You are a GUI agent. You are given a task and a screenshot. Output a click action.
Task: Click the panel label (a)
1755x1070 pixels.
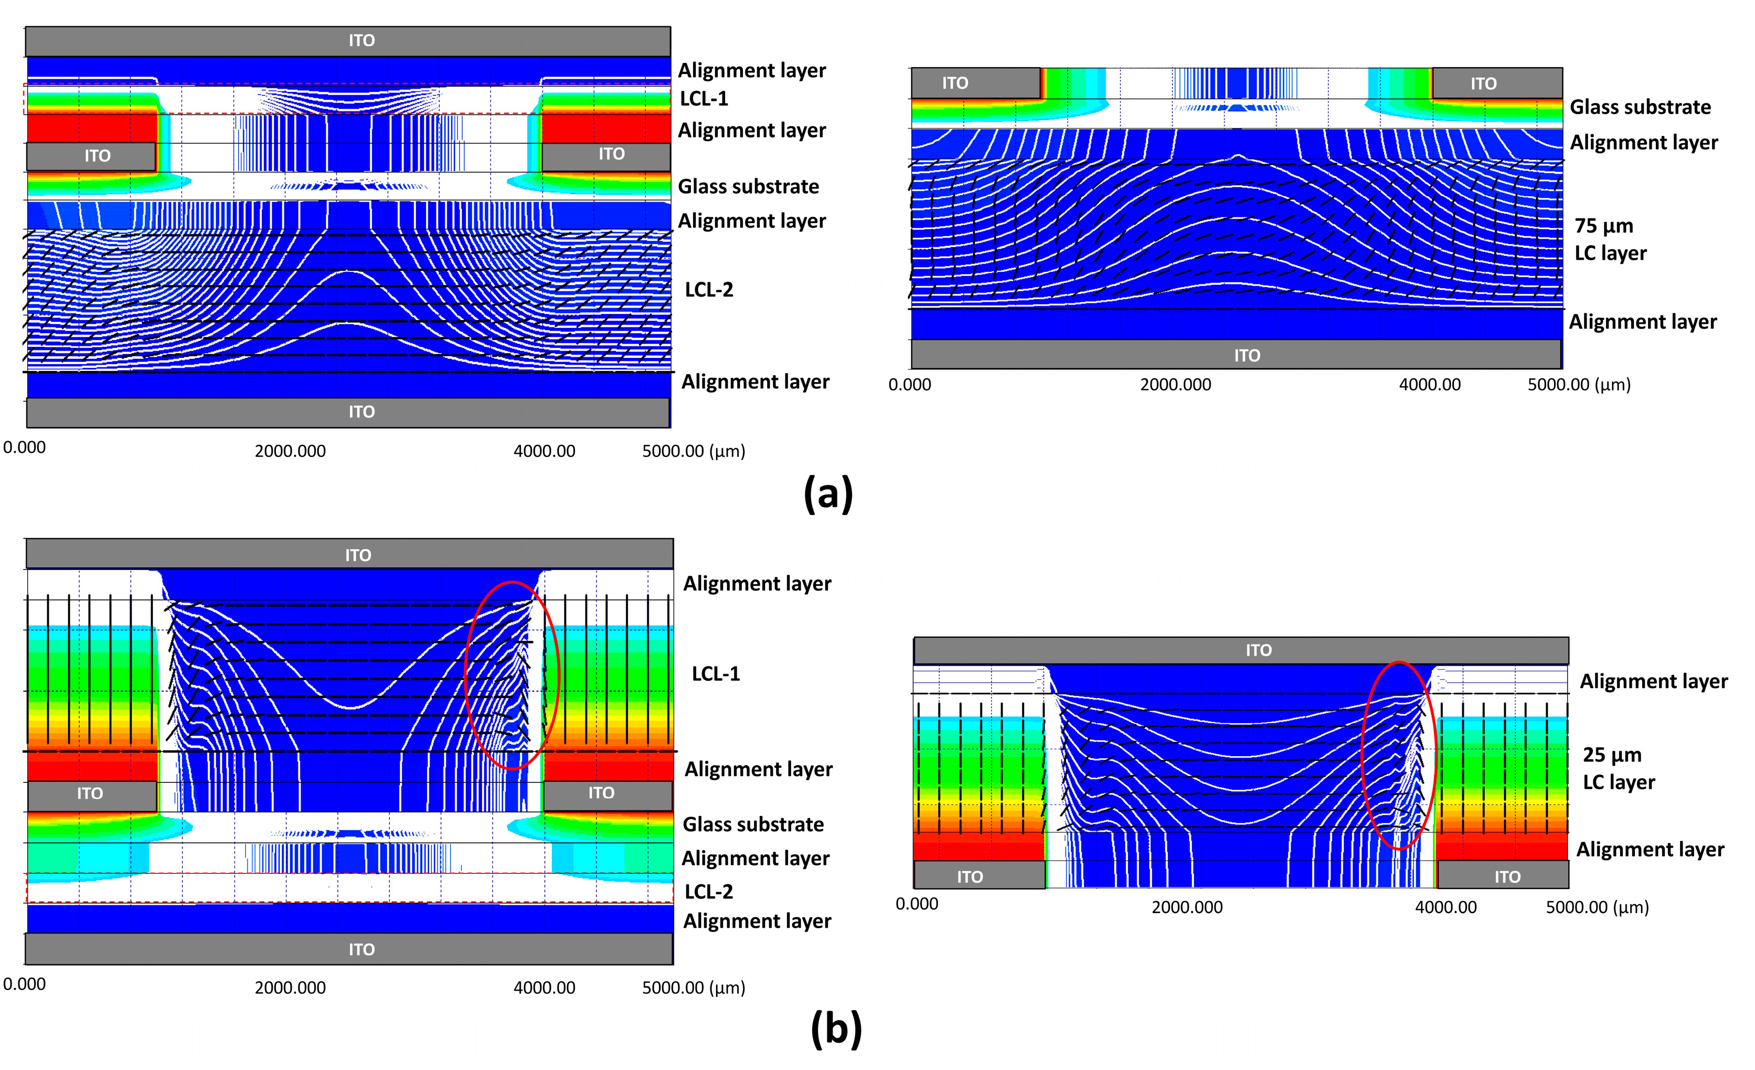click(x=827, y=494)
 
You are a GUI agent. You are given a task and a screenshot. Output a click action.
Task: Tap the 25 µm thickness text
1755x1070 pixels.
click(x=1612, y=755)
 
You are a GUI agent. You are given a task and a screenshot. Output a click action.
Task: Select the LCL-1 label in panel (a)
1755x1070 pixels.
click(x=704, y=99)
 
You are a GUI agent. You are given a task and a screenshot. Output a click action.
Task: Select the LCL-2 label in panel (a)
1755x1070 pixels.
click(x=709, y=290)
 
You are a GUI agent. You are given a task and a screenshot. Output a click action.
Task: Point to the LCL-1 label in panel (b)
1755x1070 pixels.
click(x=716, y=674)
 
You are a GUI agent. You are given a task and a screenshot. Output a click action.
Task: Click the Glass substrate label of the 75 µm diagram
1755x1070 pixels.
click(x=1640, y=108)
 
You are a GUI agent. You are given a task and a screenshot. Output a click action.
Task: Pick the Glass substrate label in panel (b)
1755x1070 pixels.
click(x=753, y=825)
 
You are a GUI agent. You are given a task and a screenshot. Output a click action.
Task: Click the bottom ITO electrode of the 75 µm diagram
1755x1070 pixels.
click(x=1247, y=355)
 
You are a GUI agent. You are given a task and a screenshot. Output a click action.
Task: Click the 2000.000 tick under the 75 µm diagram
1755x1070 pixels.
click(x=1175, y=385)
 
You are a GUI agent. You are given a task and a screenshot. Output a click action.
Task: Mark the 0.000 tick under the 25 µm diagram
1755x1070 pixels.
click(x=917, y=904)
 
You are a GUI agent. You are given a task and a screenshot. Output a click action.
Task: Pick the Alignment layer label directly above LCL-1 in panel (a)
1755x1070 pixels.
click(x=751, y=70)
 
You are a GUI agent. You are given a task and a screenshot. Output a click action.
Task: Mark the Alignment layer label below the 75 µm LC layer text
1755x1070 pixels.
click(x=1643, y=322)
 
